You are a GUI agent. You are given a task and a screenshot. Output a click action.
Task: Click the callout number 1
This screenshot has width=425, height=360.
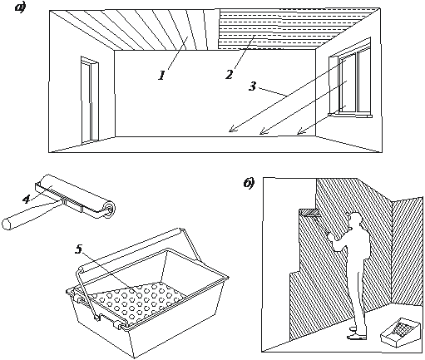tap(162, 76)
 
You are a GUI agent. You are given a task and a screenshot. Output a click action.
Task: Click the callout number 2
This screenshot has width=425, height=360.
tap(229, 75)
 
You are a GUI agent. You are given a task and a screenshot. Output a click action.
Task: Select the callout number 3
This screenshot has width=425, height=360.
tap(252, 86)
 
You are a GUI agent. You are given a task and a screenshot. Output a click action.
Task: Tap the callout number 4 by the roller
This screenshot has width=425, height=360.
tap(26, 199)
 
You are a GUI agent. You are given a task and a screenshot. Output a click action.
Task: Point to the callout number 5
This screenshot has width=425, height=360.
tap(79, 249)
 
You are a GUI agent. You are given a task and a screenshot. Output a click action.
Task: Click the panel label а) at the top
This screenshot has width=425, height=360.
tap(20, 7)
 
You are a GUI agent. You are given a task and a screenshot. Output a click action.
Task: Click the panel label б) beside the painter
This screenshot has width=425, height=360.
tap(249, 183)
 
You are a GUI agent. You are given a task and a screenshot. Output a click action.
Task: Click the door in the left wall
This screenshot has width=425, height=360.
tap(90, 100)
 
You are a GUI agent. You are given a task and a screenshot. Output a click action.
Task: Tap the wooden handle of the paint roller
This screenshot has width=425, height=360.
tap(31, 215)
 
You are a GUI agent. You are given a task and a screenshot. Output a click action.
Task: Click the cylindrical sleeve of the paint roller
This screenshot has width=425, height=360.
tap(77, 195)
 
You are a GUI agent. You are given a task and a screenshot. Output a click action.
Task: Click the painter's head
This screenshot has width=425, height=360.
tap(355, 219)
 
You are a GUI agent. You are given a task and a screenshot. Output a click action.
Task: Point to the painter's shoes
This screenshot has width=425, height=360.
tap(357, 333)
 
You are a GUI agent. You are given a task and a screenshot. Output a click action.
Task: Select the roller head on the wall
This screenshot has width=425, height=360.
tap(309, 213)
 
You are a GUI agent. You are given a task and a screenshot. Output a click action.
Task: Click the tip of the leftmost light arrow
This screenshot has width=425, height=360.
tap(229, 131)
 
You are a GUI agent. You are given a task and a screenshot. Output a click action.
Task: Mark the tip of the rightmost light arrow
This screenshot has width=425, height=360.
tap(297, 135)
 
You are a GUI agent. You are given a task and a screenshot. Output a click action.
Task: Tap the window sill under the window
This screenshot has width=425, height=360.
tap(350, 115)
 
